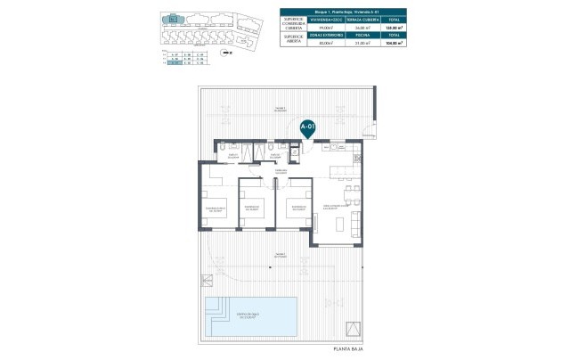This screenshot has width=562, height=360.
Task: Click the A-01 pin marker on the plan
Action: [308, 128]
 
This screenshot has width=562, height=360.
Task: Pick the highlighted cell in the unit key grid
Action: [175, 64]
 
